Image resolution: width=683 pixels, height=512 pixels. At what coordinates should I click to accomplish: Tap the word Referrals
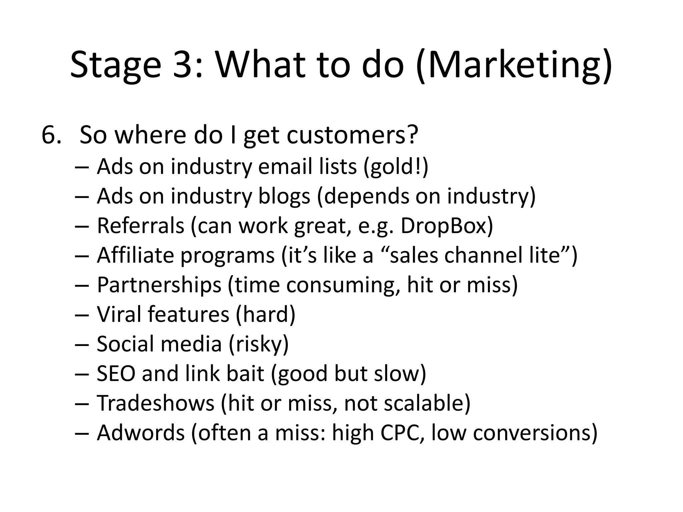point(140,226)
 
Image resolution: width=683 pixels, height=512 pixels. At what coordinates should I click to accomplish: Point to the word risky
point(259,344)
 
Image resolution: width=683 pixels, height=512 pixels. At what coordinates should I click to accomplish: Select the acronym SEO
point(116,373)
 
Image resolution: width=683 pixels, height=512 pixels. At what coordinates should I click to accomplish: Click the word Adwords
point(141,432)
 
